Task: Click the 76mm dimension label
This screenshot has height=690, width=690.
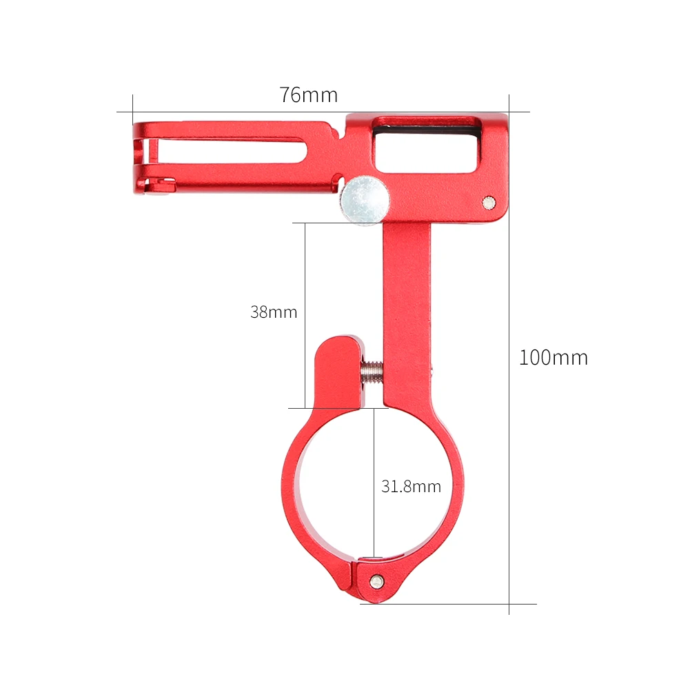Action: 308,95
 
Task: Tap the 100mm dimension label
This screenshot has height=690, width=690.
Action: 553,358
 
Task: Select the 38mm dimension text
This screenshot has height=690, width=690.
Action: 274,312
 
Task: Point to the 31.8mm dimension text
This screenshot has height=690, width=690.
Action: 411,487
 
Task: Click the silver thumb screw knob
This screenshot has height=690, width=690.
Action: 364,201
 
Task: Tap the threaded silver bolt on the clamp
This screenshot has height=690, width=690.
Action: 372,371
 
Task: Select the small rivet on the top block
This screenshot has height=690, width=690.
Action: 488,201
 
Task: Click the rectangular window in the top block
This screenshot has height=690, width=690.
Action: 425,145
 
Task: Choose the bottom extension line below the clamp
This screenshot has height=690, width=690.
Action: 448,605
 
